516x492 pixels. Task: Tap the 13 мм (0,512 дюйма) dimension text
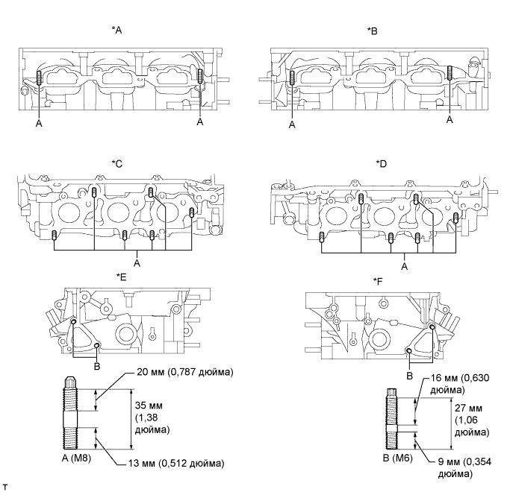(x=171, y=463)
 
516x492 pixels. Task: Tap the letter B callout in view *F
(x=408, y=376)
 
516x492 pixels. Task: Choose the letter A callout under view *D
(x=404, y=265)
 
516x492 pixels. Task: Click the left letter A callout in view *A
(x=38, y=124)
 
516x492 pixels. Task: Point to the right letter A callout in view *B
(x=449, y=119)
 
